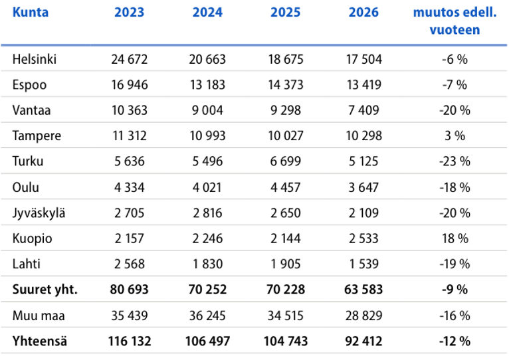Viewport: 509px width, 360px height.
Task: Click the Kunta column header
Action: pyautogui.click(x=31, y=13)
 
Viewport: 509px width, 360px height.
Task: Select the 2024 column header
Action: pyautogui.click(x=207, y=13)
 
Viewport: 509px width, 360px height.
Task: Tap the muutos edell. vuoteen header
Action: pyautogui.click(x=455, y=21)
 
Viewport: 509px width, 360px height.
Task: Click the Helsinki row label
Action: pyautogui.click(x=35, y=59)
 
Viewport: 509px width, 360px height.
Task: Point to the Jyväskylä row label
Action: pyautogui.click(x=39, y=213)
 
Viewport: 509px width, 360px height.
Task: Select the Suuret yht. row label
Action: pyautogui.click(x=45, y=289)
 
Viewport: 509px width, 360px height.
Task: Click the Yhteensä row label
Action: pyautogui.click(x=40, y=341)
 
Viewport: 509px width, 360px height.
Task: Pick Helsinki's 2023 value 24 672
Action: pyautogui.click(x=129, y=59)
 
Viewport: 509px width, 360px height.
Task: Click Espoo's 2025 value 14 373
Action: pyautogui.click(x=286, y=85)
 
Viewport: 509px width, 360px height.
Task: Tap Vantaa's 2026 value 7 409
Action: pyautogui.click(x=363, y=110)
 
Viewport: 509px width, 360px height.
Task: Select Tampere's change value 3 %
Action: pyautogui.click(x=455, y=135)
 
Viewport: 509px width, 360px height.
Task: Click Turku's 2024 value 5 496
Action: pyautogui.click(x=207, y=161)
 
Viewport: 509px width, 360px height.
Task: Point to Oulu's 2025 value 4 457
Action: pyautogui.click(x=286, y=187)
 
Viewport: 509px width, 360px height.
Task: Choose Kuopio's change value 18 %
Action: pyautogui.click(x=455, y=238)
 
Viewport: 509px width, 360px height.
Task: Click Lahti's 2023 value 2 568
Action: pyautogui.click(x=129, y=264)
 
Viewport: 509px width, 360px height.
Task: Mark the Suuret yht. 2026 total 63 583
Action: pyautogui.click(x=363, y=289)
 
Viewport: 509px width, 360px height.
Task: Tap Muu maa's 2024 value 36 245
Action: pyautogui.click(x=207, y=315)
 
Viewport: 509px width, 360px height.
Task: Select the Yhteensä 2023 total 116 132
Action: pyautogui.click(x=129, y=341)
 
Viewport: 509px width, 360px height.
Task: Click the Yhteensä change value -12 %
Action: pyautogui.click(x=455, y=341)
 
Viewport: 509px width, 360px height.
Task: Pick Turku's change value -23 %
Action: pyautogui.click(x=455, y=161)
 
